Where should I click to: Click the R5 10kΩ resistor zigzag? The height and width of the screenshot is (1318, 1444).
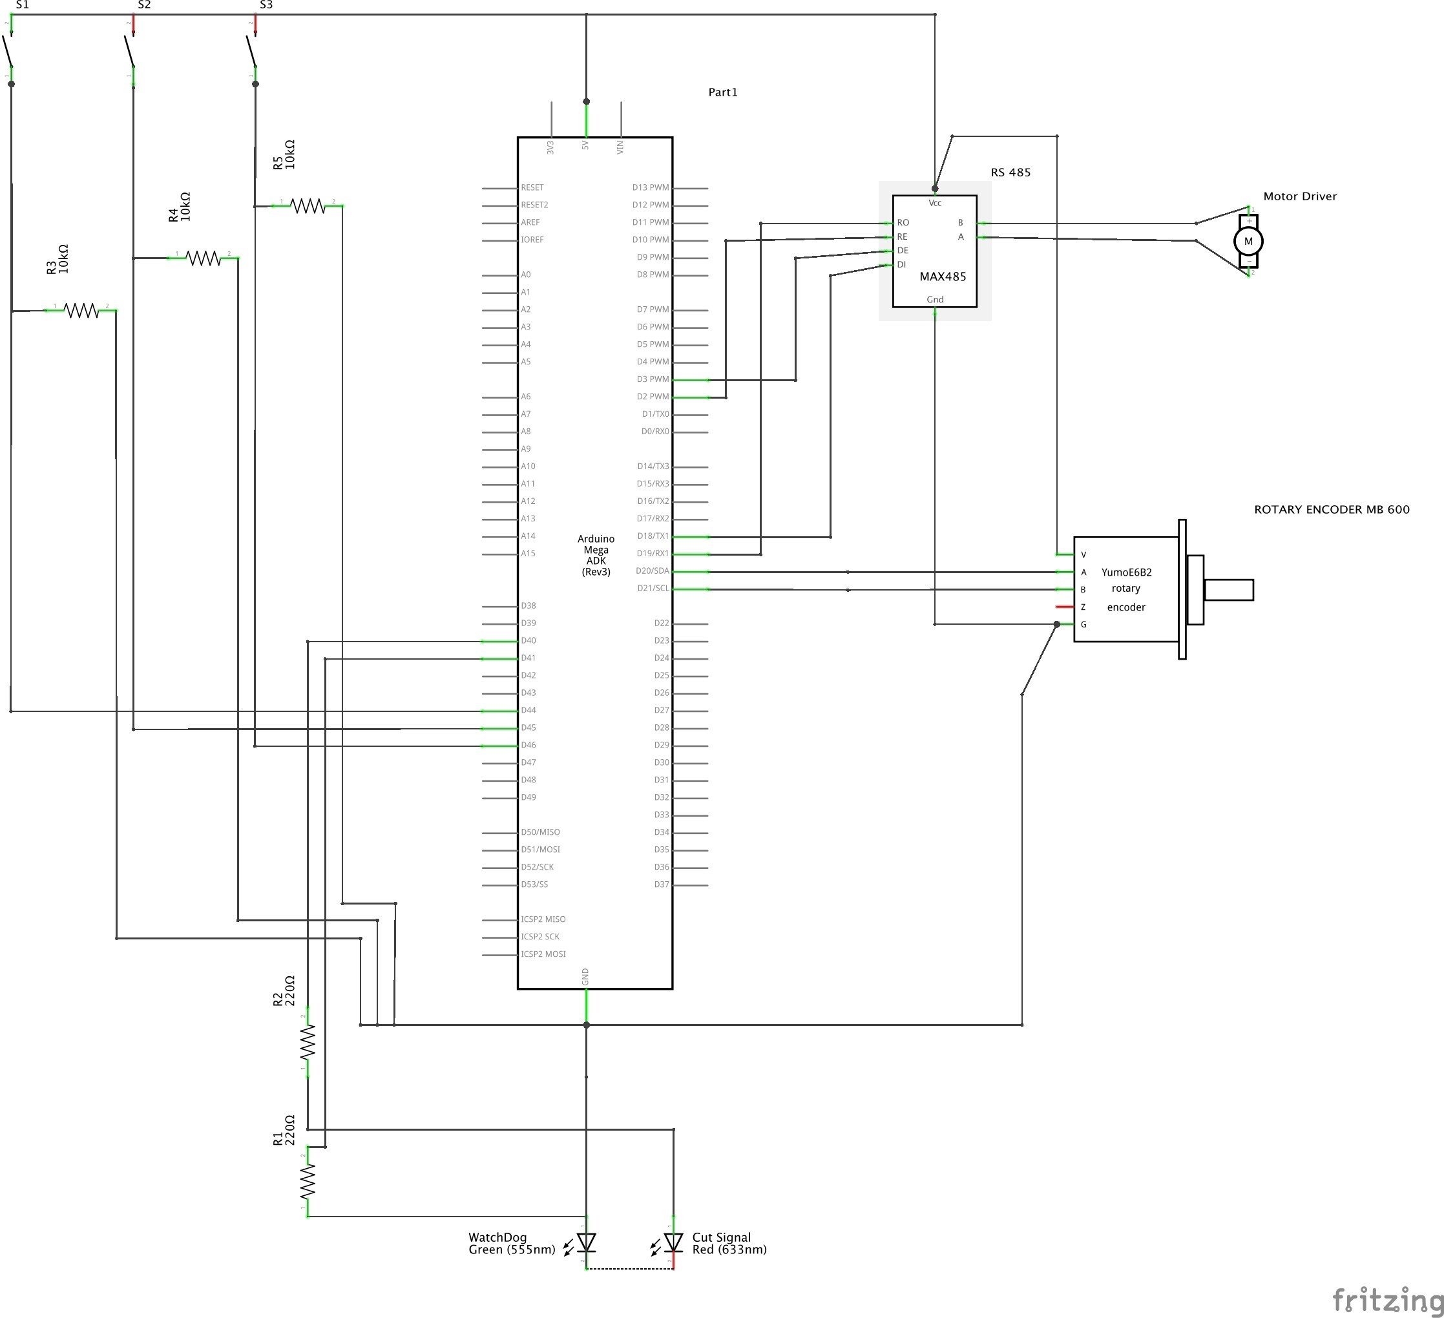[x=308, y=206]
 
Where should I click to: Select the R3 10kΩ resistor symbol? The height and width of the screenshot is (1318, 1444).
[x=81, y=310]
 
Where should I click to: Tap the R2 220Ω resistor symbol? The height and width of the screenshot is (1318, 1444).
[x=308, y=1042]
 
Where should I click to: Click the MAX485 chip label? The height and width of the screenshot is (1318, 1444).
[x=942, y=277]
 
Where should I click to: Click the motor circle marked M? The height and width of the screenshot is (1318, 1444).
[x=1248, y=242]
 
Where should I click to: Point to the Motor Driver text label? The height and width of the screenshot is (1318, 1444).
[x=1299, y=196]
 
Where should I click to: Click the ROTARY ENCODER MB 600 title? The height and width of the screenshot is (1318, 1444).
[x=1331, y=509]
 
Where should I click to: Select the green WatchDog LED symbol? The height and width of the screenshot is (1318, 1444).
[x=586, y=1242]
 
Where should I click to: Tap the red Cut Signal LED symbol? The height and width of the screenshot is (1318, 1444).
[x=673, y=1242]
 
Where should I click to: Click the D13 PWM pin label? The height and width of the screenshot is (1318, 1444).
[x=650, y=187]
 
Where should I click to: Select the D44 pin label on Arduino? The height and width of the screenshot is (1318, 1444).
[x=528, y=710]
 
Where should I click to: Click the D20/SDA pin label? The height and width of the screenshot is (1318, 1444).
[x=652, y=571]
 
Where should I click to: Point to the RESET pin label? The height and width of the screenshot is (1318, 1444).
[x=532, y=187]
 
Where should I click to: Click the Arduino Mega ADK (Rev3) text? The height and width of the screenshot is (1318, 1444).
[x=595, y=555]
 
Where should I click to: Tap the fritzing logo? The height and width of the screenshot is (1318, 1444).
[x=1386, y=1299]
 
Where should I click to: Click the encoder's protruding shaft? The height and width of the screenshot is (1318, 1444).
[x=1228, y=589]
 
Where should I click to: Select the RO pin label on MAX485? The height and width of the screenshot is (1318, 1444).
[x=903, y=223]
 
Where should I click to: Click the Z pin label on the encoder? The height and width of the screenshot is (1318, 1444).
[x=1083, y=607]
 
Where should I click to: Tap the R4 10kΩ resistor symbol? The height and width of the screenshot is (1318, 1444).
[x=203, y=258]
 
